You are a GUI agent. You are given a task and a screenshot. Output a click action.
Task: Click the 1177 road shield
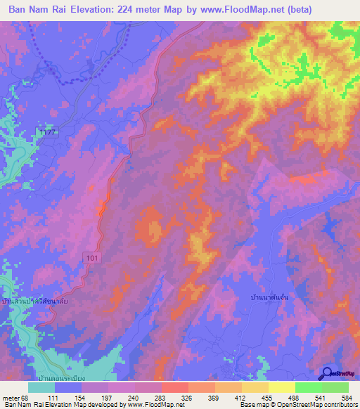(47, 133)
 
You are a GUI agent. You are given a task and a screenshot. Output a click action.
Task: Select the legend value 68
(27, 398)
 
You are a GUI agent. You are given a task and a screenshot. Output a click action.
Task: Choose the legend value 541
(321, 398)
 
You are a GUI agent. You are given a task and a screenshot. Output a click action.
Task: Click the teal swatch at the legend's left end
(41, 387)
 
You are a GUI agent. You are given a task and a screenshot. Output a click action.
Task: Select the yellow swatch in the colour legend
(282, 387)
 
